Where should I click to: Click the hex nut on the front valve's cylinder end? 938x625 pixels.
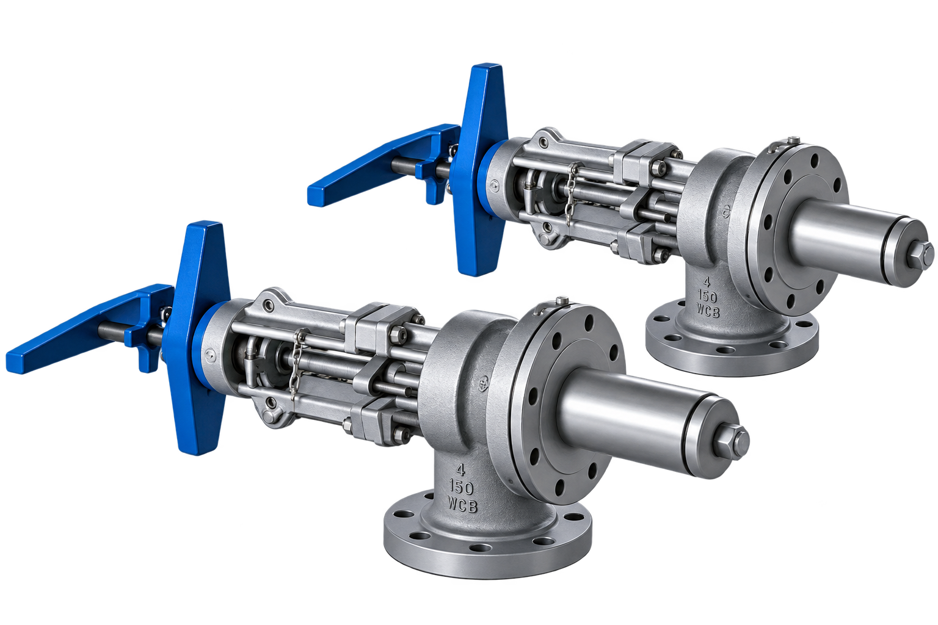(732, 443)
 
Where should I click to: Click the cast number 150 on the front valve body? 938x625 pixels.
(461, 487)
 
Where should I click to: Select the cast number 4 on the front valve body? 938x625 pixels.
(460, 470)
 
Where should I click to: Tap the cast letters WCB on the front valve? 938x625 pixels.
(462, 504)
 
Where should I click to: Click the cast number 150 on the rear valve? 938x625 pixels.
(707, 297)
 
